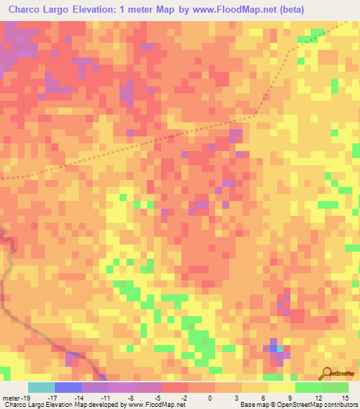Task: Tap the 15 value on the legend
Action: pos(345,398)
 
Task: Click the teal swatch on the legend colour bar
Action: pos(41,387)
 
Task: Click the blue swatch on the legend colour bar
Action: pos(68,387)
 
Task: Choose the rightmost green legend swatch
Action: pos(335,387)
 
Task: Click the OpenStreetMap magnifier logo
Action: pos(328,373)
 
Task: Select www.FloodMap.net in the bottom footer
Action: pos(155,405)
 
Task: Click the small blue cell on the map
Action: pos(273,347)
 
